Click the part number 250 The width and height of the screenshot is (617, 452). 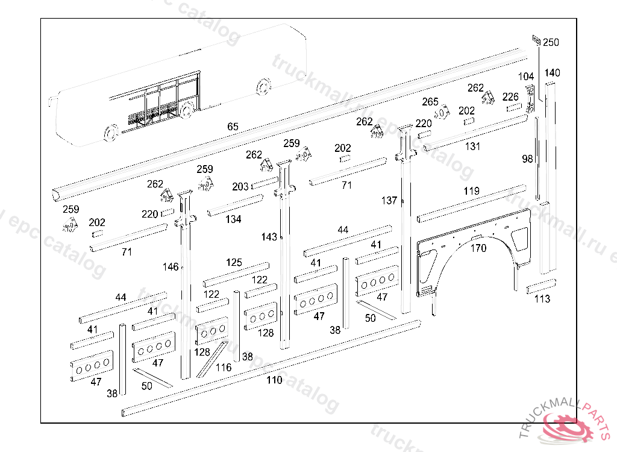[551, 42]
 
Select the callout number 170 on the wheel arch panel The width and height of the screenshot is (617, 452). [478, 248]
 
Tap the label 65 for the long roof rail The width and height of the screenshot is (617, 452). [233, 127]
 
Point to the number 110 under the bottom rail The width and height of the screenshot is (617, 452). [274, 380]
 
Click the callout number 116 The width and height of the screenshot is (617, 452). [224, 367]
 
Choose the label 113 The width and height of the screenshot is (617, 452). [542, 299]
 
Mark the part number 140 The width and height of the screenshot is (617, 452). [552, 73]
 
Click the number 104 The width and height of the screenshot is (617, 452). [526, 77]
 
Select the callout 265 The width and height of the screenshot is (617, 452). [430, 101]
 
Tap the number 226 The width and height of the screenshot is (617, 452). [510, 96]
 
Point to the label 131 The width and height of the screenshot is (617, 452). [472, 146]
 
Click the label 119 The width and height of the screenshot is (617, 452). [472, 191]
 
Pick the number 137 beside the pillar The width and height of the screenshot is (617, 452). [389, 200]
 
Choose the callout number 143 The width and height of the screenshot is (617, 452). [269, 237]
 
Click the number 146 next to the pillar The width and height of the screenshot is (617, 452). [171, 266]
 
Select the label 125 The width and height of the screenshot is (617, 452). [234, 263]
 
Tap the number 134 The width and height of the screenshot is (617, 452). [233, 219]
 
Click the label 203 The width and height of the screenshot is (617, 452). [240, 187]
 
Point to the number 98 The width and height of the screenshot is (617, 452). [528, 159]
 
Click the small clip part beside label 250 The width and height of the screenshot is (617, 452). [535, 40]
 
